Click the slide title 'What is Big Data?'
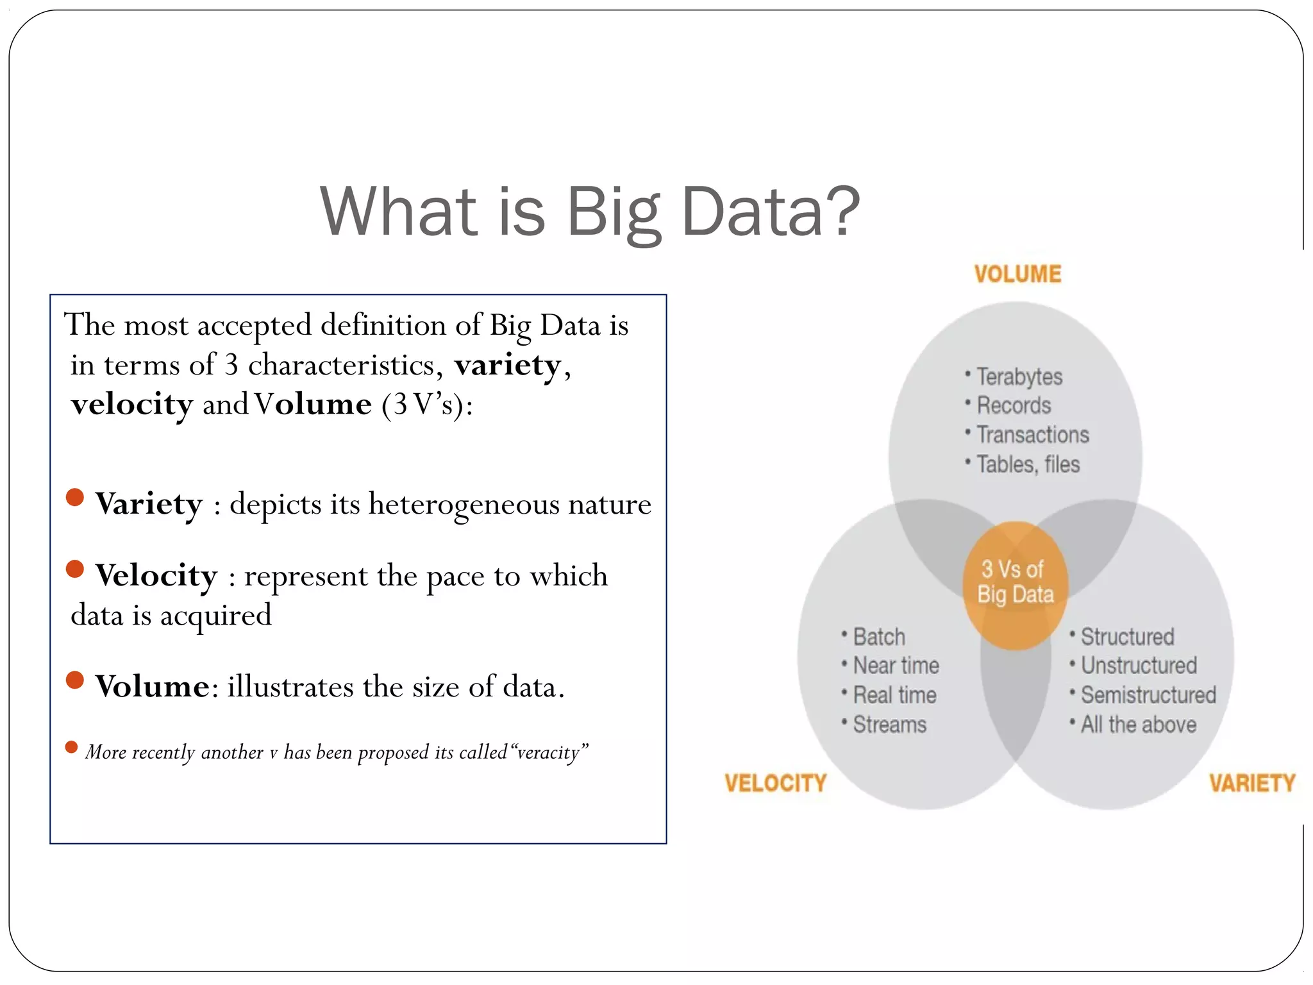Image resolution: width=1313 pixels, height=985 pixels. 590,211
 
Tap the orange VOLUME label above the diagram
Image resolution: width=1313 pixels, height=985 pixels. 1017,274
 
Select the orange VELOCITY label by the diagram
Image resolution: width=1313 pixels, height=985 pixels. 775,783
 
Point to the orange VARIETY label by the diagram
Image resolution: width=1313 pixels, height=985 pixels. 1252,783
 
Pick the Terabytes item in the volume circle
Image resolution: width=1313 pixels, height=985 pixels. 1019,377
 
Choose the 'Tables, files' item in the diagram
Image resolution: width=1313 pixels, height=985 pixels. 1028,464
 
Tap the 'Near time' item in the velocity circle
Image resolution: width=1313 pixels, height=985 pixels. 896,666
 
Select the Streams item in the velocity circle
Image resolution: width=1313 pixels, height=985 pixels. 889,725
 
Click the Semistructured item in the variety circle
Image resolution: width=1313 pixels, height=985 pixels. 1148,695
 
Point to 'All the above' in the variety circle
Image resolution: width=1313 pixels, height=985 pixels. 1138,725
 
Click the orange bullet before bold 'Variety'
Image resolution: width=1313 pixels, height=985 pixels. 75,498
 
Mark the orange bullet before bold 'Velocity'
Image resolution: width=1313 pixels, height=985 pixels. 75,569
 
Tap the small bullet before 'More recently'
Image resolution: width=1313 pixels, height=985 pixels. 71,747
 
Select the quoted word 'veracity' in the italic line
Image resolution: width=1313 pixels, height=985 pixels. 549,752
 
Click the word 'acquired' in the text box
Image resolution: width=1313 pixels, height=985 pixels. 215,616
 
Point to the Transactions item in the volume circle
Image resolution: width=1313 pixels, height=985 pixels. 1032,435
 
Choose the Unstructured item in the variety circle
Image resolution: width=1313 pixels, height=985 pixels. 1139,666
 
